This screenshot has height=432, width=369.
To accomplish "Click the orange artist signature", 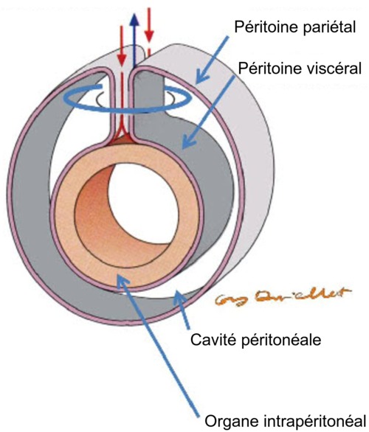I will point(269,298).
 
